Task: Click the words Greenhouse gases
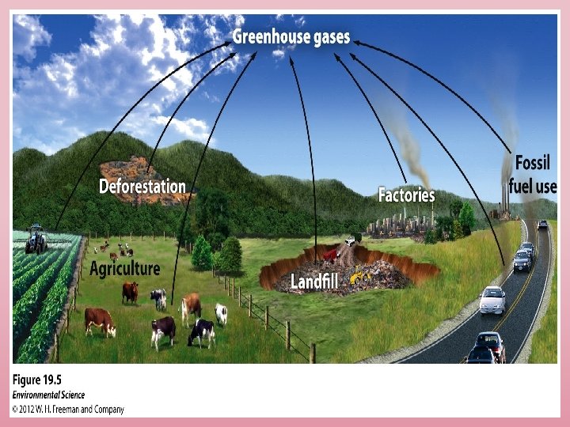[291, 37]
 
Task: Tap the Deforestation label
[142, 187]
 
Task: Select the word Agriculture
[124, 268]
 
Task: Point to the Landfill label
[315, 281]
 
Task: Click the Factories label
[406, 194]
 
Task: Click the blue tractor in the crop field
[36, 239]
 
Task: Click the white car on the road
[492, 299]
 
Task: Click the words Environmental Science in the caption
[49, 395]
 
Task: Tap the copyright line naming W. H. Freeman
[67, 409]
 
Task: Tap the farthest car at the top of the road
[542, 225]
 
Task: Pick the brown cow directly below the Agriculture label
[130, 292]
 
